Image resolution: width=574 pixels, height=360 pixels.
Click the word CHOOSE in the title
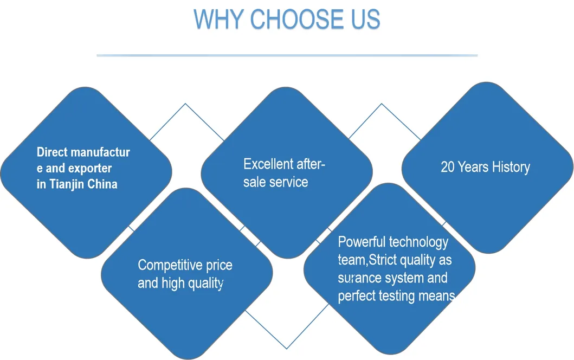[x=297, y=19]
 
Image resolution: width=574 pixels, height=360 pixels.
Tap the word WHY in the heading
[x=218, y=19]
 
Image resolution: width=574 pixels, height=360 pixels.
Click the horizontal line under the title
[x=287, y=55]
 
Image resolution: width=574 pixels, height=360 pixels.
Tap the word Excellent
[x=268, y=164]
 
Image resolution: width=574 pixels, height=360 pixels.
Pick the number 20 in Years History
[x=447, y=167]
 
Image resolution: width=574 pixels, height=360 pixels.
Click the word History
[x=511, y=168]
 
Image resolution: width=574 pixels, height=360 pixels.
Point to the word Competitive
[x=170, y=265]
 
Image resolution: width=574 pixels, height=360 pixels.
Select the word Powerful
[x=362, y=242]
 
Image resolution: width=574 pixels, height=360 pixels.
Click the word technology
[x=418, y=242]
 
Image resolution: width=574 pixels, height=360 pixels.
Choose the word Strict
[x=383, y=260]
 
